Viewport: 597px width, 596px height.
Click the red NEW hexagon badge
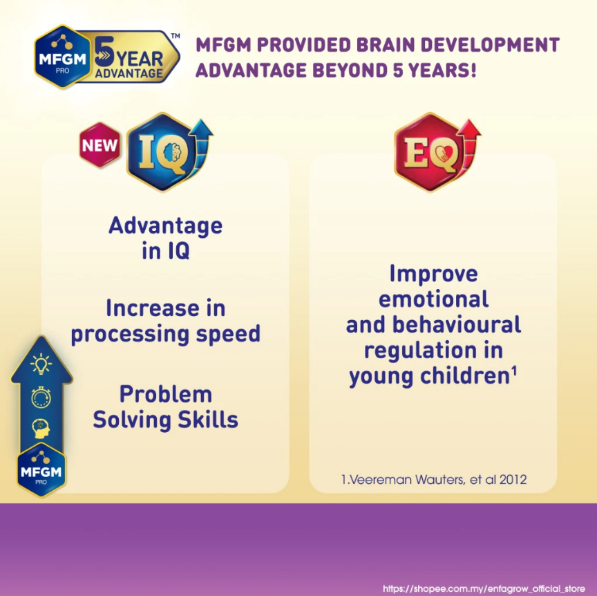100,145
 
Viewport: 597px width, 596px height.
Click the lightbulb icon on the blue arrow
41,364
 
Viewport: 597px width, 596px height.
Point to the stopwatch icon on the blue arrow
41,397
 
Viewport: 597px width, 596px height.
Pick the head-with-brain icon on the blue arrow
41,428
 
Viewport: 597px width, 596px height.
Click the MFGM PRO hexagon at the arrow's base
41,470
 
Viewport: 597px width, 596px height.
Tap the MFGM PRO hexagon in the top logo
63,57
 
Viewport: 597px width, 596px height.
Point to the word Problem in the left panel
166,394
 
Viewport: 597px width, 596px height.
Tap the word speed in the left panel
228,335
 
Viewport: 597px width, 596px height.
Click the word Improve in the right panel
434,274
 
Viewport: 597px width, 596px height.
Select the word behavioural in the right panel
457,325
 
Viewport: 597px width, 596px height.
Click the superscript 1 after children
514,371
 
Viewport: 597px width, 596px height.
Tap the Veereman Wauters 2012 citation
434,479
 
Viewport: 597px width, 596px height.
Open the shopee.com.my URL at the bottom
484,588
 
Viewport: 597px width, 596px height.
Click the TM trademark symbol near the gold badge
175,36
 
